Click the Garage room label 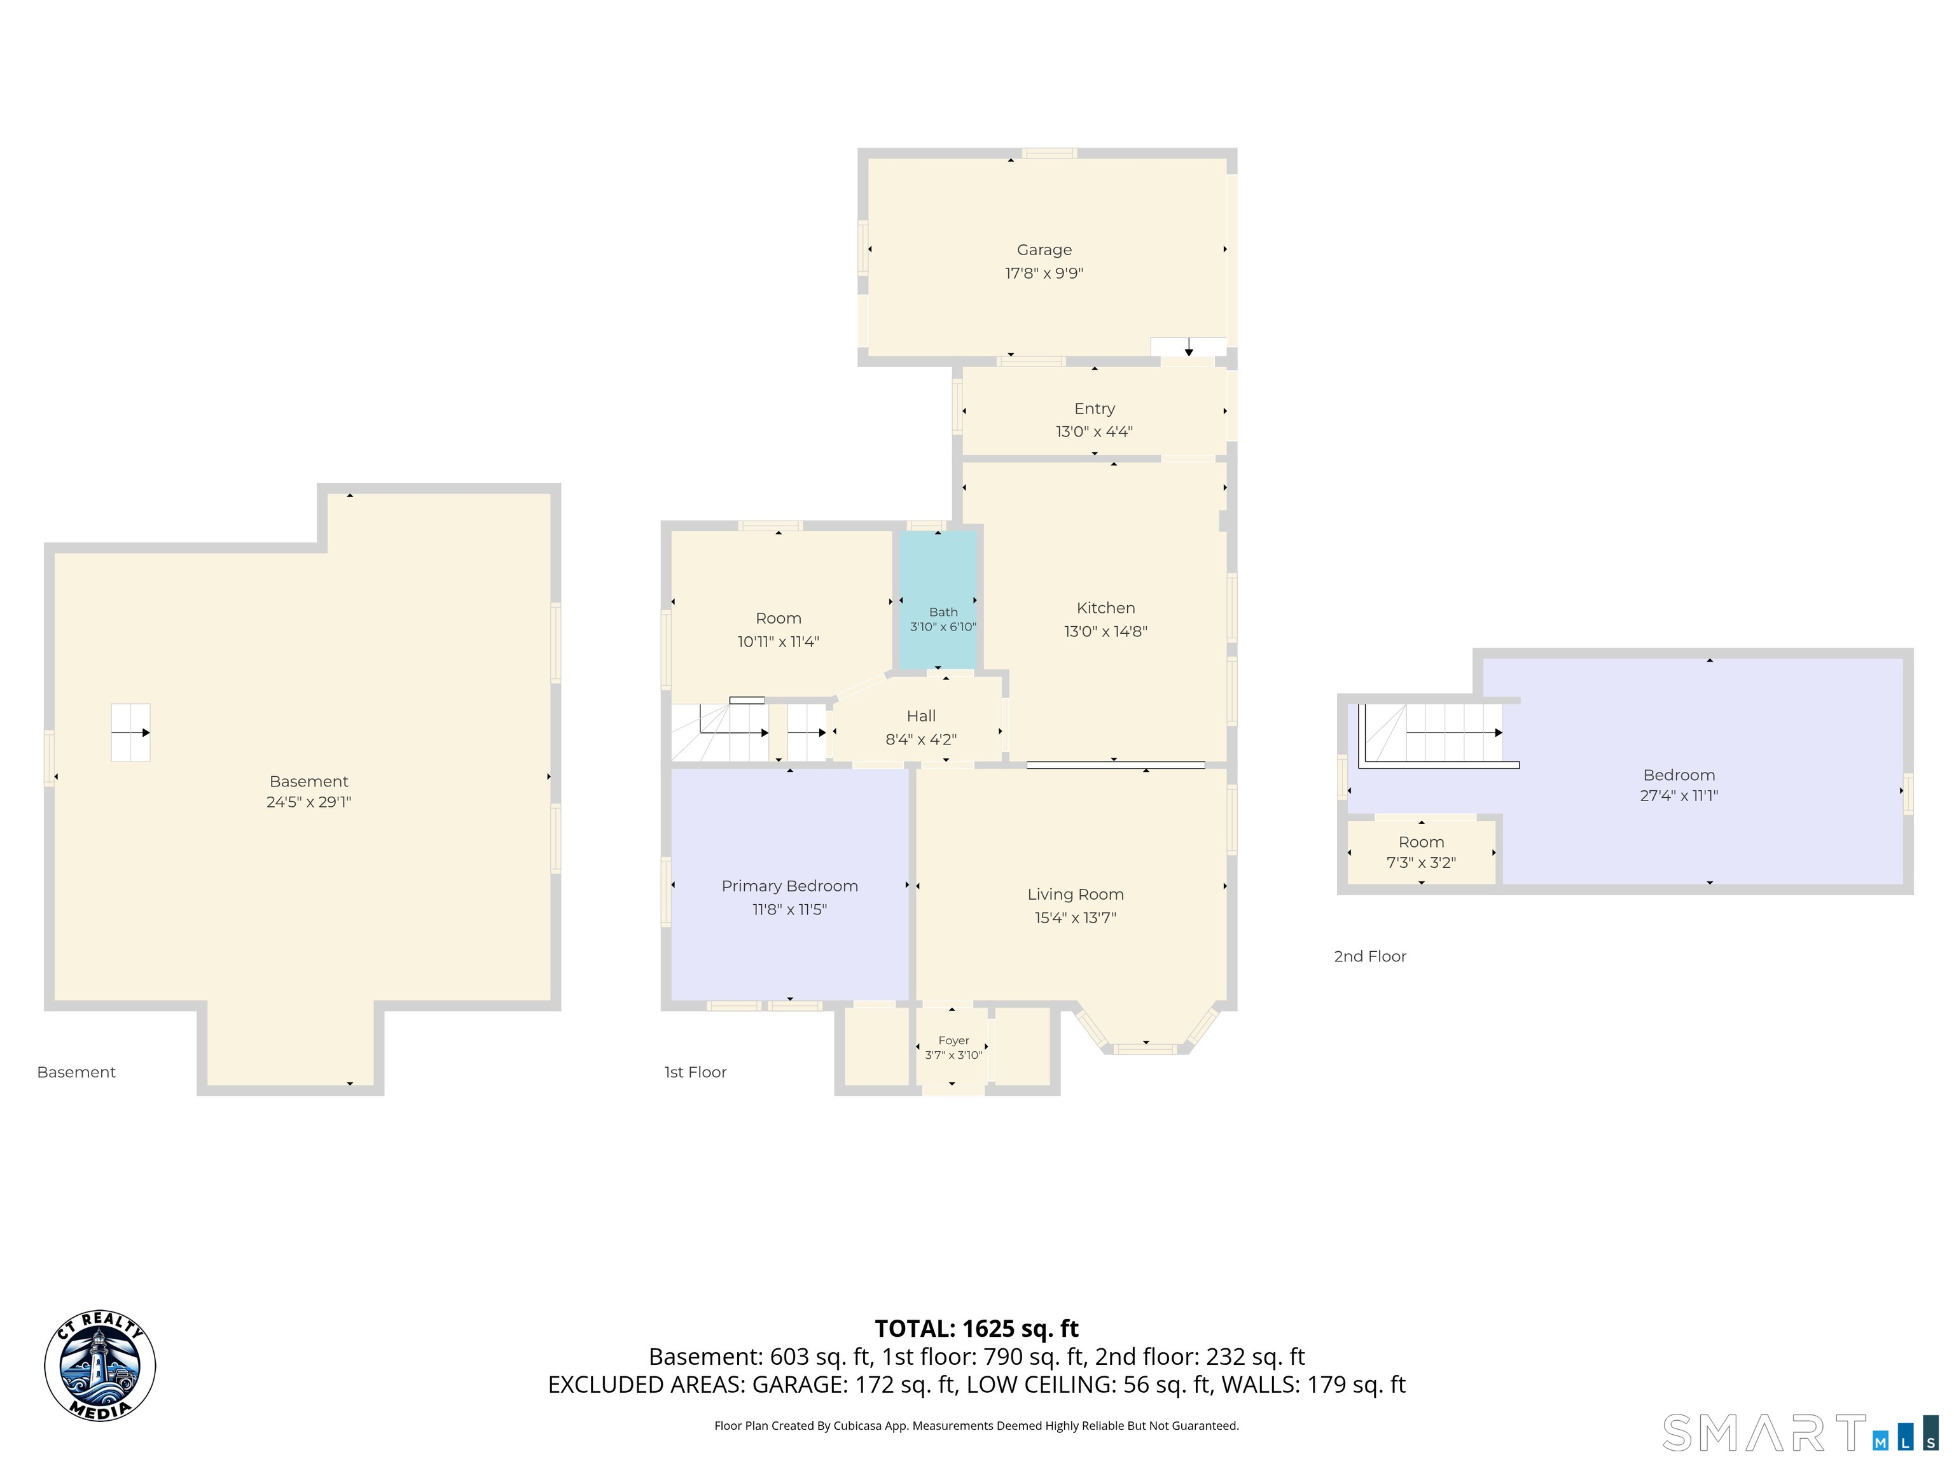[1044, 250]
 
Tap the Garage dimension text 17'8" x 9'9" [1044, 273]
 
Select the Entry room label [1095, 408]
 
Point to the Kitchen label [1106, 608]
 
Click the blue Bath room [938, 600]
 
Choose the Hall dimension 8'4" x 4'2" [922, 739]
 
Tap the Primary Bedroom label [790, 886]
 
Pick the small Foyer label [954, 1041]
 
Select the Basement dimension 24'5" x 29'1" [309, 802]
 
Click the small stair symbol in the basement [131, 732]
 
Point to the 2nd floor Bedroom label [1679, 775]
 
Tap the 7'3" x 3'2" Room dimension [1422, 862]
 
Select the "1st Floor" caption [695, 1072]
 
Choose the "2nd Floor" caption [1370, 956]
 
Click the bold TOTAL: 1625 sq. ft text [977, 1328]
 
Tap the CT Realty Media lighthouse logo [100, 1366]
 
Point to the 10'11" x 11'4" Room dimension [779, 641]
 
